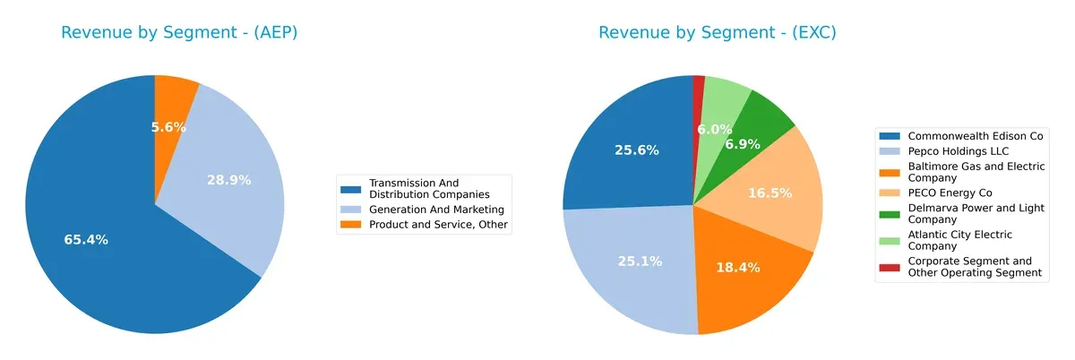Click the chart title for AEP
pos(179,33)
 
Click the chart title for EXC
pos(717,33)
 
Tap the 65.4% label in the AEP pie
pos(86,239)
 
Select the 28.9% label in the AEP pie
pos(228,180)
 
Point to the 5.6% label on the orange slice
pos(168,127)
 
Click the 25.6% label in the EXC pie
pos(637,150)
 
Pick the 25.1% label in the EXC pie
pos(640,261)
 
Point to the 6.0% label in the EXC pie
pos(715,130)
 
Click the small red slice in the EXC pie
pos(699,82)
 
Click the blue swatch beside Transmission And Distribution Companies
pos(351,189)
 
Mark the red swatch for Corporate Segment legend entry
pos(889,267)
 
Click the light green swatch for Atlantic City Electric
pos(889,240)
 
